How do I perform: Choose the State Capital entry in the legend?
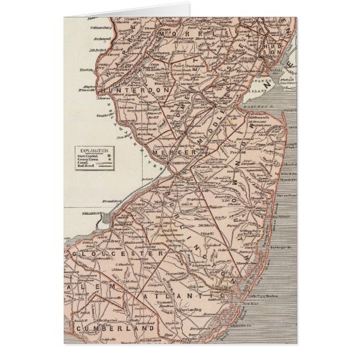[89, 155]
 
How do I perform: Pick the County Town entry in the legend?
[89, 161]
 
